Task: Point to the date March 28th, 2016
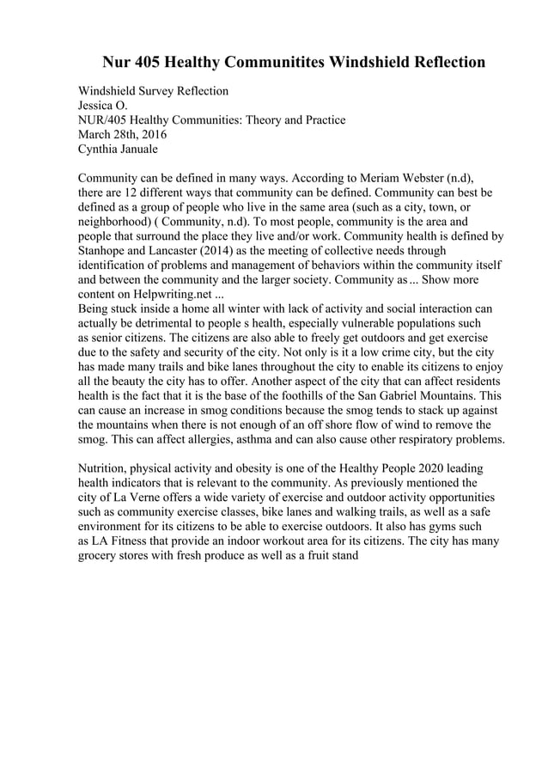click(x=122, y=134)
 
